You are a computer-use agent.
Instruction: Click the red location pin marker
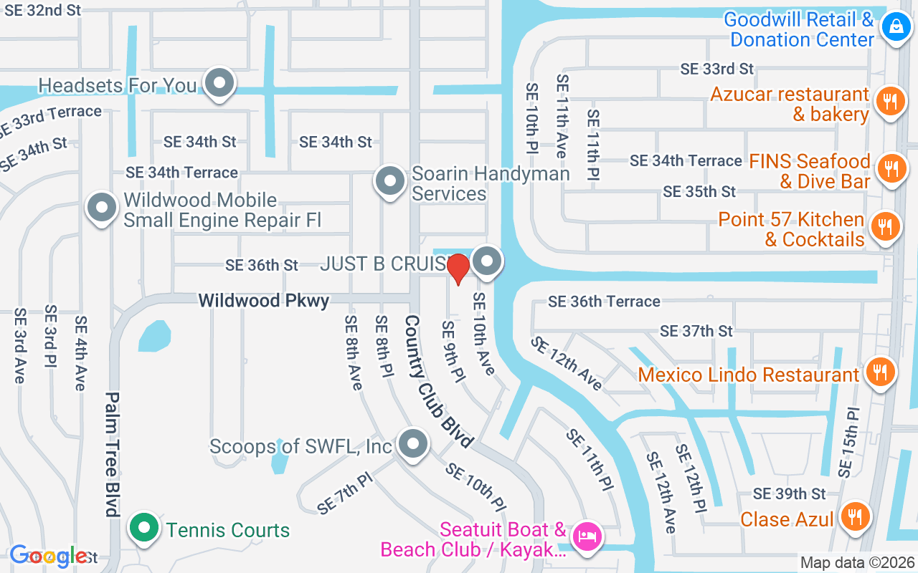[458, 269]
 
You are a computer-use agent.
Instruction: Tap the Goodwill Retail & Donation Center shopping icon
[895, 28]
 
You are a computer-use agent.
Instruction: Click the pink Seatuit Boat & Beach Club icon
[587, 536]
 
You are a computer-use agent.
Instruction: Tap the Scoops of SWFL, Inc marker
[412, 444]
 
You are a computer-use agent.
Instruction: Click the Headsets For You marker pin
[219, 83]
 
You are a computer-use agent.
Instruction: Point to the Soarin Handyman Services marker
[390, 180]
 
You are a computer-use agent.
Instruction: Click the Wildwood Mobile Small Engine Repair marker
[102, 208]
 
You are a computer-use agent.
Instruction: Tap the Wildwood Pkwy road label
[264, 300]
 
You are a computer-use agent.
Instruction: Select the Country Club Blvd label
[438, 382]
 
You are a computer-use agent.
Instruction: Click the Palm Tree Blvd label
[112, 453]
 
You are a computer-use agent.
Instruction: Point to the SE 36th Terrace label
[604, 302]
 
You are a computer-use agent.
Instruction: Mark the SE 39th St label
[789, 493]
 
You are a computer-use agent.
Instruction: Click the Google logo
[49, 556]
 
